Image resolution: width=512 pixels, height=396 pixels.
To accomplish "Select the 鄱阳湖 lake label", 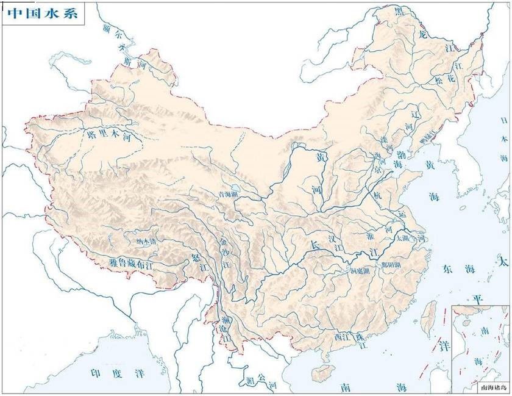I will coord(390,265).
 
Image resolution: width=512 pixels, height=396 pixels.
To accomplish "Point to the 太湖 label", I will coord(403,239).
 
